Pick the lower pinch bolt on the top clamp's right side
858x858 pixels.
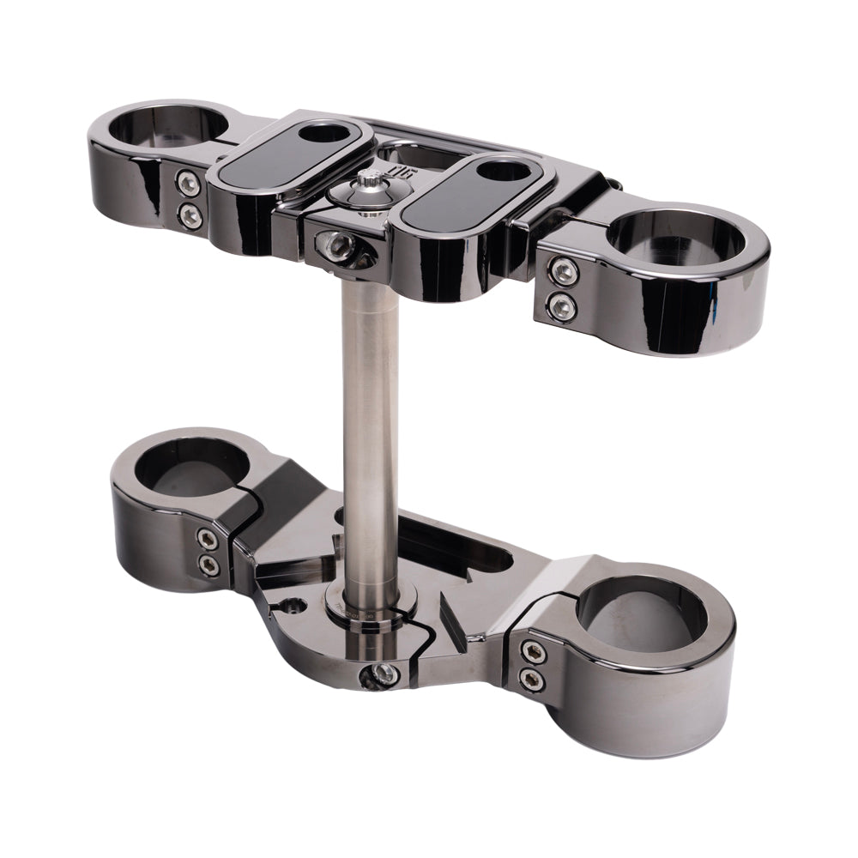click(563, 303)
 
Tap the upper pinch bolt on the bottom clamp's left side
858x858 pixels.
click(207, 539)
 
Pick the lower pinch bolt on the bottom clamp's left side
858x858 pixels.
click(207, 564)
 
